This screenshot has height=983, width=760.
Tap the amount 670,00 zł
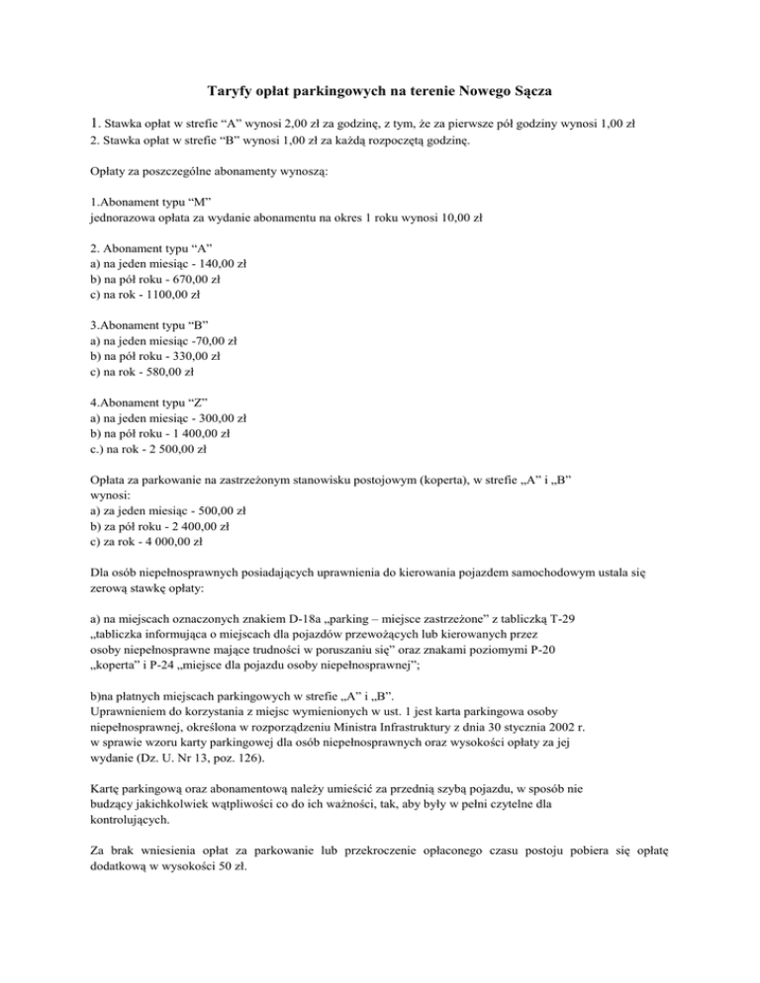tap(197, 280)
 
